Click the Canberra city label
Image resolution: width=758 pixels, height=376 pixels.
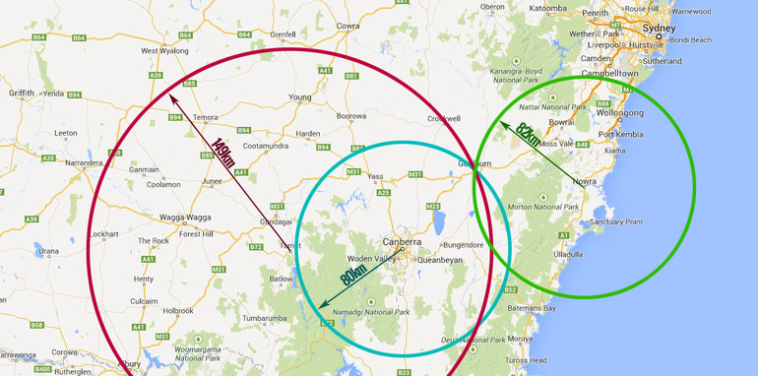[x=403, y=241]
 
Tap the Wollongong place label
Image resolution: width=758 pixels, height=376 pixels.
[x=620, y=112]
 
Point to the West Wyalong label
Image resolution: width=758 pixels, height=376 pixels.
[x=163, y=50]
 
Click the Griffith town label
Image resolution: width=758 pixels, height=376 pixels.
[x=22, y=94]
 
